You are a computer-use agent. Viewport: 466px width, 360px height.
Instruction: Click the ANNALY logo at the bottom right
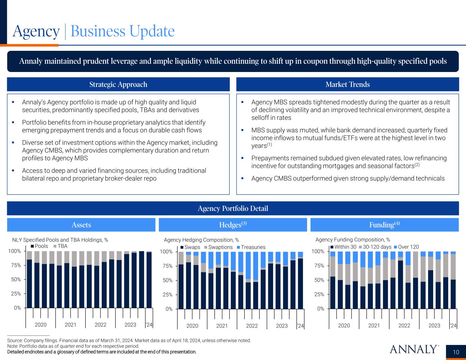click(x=413, y=349)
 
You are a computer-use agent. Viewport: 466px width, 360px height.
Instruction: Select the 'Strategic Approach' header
click(x=118, y=84)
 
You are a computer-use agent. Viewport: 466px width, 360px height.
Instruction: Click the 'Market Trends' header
click(x=348, y=84)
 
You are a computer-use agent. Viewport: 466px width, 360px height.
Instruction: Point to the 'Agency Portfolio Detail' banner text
click(x=233, y=208)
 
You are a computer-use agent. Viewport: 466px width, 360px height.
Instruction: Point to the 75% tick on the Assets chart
click(x=15, y=265)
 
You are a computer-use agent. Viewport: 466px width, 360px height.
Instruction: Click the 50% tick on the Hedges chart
click(x=167, y=280)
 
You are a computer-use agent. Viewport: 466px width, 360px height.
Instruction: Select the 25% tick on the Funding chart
click(x=318, y=294)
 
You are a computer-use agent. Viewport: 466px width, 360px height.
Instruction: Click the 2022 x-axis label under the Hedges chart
click(x=252, y=326)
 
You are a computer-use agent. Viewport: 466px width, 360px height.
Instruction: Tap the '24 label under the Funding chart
click(x=453, y=326)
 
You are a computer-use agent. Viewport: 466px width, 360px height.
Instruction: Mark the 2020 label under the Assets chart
click(x=41, y=325)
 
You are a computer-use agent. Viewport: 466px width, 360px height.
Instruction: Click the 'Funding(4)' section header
click(x=384, y=225)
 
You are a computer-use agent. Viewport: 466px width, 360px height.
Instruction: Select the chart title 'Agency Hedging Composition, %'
click(x=201, y=240)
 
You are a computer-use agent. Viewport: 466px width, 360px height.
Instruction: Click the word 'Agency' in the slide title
click(x=36, y=31)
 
